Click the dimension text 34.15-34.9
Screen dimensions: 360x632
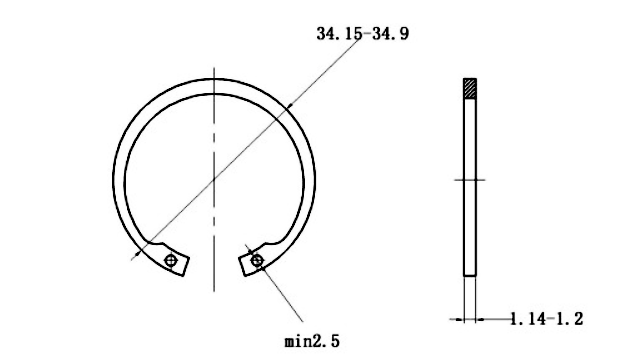click(x=362, y=34)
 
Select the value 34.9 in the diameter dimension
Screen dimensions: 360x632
click(x=390, y=34)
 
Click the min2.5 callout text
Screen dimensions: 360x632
click(x=312, y=341)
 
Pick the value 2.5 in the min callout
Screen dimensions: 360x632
click(x=327, y=341)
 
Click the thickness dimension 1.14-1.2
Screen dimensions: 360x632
click(x=546, y=319)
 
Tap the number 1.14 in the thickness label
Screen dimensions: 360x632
click(x=528, y=319)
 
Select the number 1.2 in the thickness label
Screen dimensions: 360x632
click(x=570, y=319)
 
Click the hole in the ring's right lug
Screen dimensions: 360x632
click(x=258, y=261)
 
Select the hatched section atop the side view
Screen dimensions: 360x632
click(x=469, y=89)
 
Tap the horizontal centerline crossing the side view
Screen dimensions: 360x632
click(x=469, y=180)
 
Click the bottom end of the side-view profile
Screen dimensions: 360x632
click(x=469, y=274)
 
